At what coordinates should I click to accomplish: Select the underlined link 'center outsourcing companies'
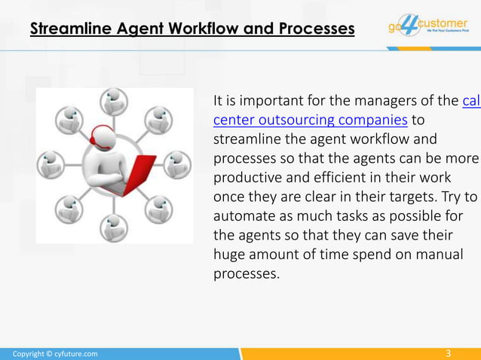[311, 120]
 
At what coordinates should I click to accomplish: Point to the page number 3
[449, 353]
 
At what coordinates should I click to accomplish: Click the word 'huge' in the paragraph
[228, 255]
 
